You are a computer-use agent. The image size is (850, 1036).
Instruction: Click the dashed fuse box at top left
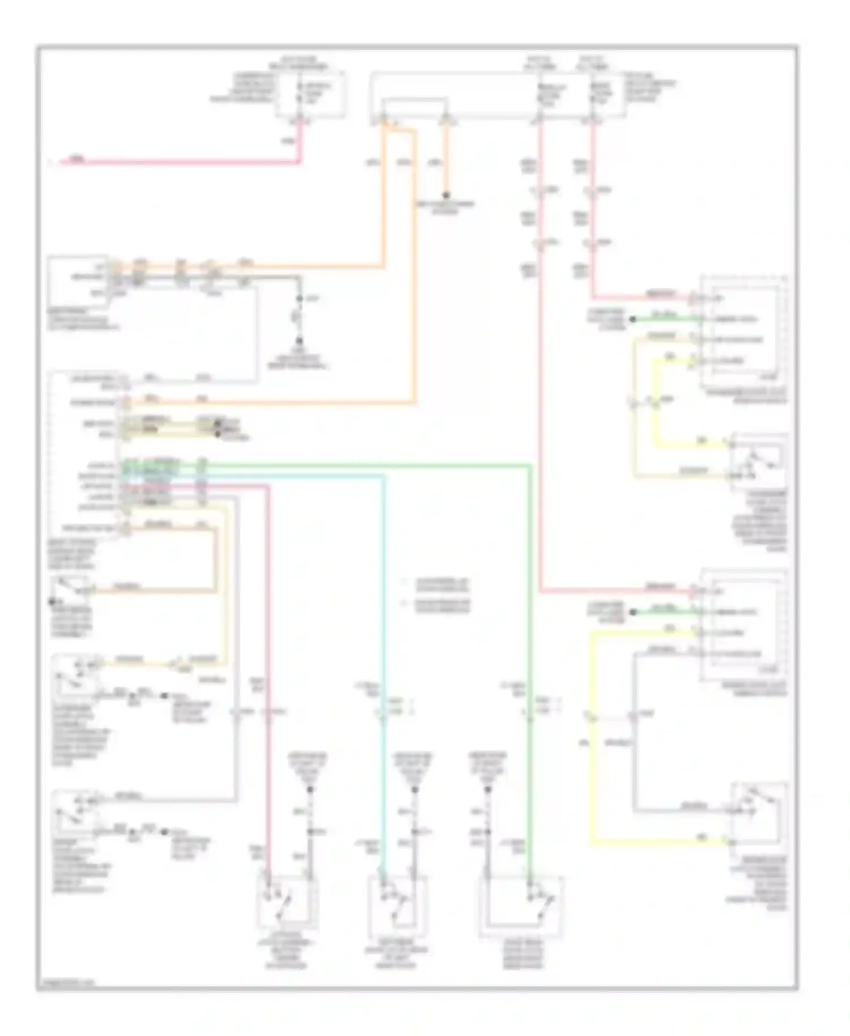pyautogui.click(x=310, y=95)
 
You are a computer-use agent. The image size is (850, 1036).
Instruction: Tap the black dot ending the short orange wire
pyautogui.click(x=446, y=193)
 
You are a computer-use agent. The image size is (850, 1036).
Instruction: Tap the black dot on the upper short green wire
pyautogui.click(x=633, y=320)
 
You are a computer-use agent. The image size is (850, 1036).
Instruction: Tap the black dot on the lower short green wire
pyautogui.click(x=633, y=612)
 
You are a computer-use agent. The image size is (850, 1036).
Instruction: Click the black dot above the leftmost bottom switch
pyautogui.click(x=310, y=789)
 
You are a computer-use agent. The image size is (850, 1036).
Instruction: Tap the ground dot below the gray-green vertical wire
pyautogui.click(x=300, y=341)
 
